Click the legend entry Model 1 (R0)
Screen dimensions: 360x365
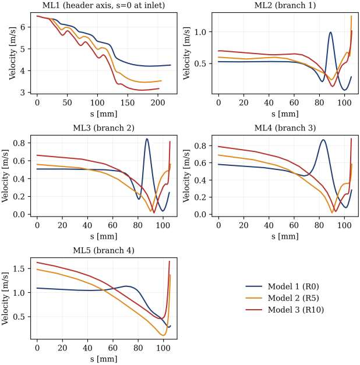pyautogui.click(x=284, y=286)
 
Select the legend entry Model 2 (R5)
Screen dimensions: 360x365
pyautogui.click(x=284, y=298)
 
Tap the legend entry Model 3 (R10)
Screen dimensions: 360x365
pyautogui.click(x=286, y=309)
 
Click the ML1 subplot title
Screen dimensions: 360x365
pyautogui.click(x=104, y=5)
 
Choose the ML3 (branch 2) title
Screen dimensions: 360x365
pyautogui.click(x=104, y=128)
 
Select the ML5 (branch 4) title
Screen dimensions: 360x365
pyautogui.click(x=104, y=251)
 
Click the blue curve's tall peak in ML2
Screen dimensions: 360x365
pyautogui.click(x=330, y=32)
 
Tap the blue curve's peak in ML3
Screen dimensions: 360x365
pyautogui.click(x=147, y=139)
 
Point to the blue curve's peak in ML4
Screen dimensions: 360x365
pyautogui.click(x=323, y=140)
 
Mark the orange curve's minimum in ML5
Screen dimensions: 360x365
pyautogui.click(x=163, y=335)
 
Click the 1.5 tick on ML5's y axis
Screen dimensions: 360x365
pyautogui.click(x=21, y=269)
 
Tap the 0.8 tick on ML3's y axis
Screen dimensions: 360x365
pyautogui.click(x=21, y=143)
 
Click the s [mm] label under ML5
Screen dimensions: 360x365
pyautogui.click(x=104, y=359)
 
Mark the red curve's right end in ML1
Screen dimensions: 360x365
pyautogui.click(x=159, y=88)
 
